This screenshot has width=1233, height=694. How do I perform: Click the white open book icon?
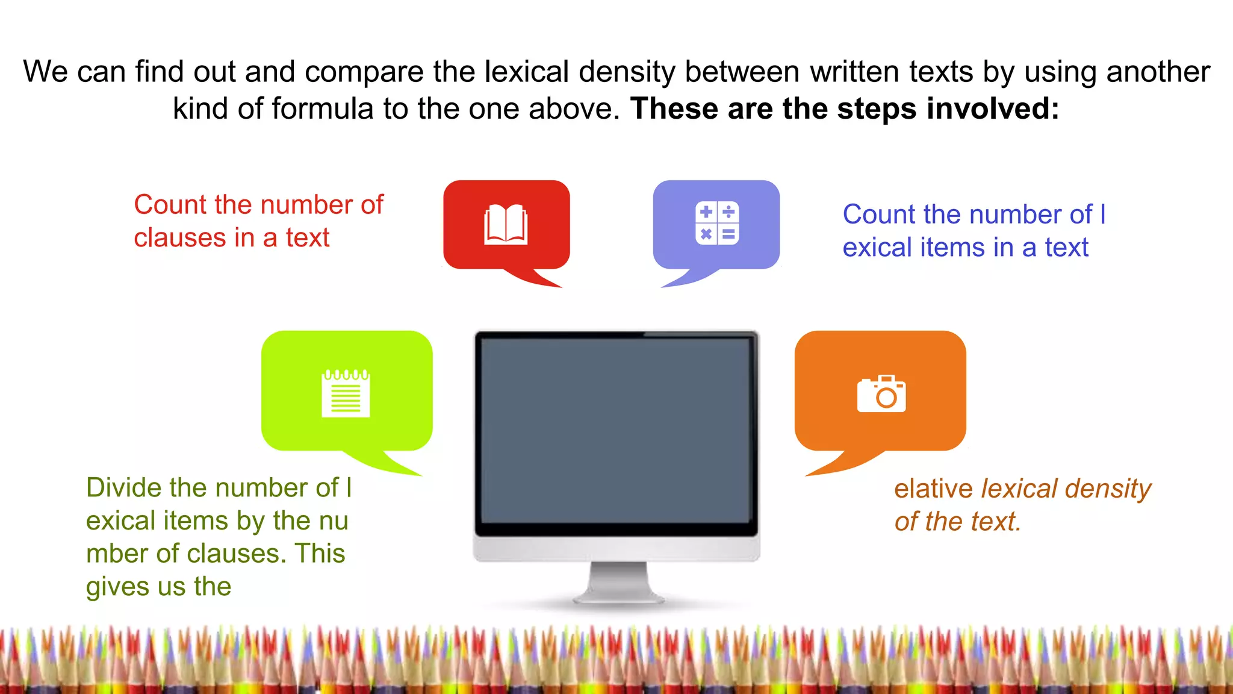506,225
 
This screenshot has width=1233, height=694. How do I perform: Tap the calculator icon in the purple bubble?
716,223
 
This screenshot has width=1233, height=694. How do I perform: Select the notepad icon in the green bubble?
346,393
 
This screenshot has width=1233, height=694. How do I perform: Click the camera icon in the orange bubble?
881,394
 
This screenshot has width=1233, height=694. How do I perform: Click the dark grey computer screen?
616,431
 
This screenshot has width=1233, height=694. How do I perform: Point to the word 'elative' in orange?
933,489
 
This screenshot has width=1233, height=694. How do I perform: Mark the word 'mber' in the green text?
117,554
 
